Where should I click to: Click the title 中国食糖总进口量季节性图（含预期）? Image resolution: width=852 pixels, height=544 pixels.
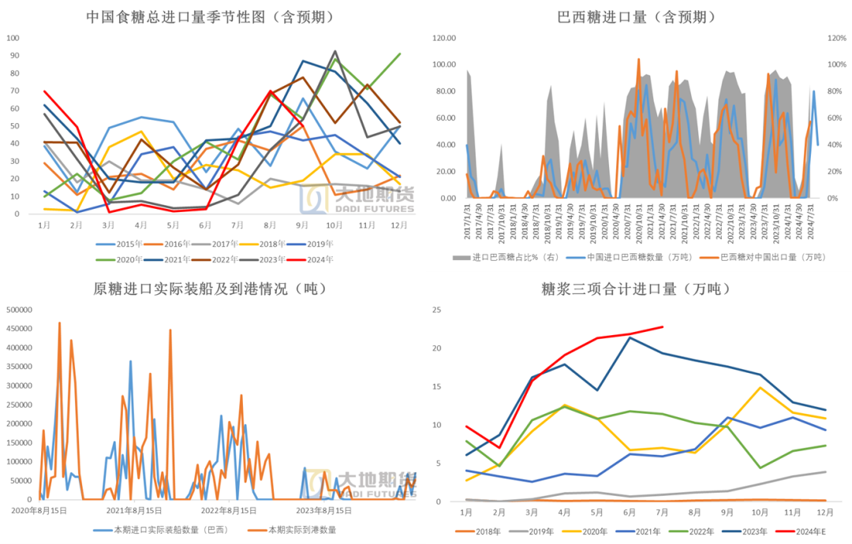pos(209,17)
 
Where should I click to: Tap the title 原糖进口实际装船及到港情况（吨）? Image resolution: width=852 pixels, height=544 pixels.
pos(210,289)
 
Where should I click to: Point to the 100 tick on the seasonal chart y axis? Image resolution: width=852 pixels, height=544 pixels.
pos(14,37)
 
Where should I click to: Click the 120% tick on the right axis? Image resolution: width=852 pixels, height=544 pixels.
pos(836,37)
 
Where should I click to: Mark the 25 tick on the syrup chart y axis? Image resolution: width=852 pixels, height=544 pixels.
pos(446,309)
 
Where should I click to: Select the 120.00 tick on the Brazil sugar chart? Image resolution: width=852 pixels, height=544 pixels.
pos(444,37)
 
